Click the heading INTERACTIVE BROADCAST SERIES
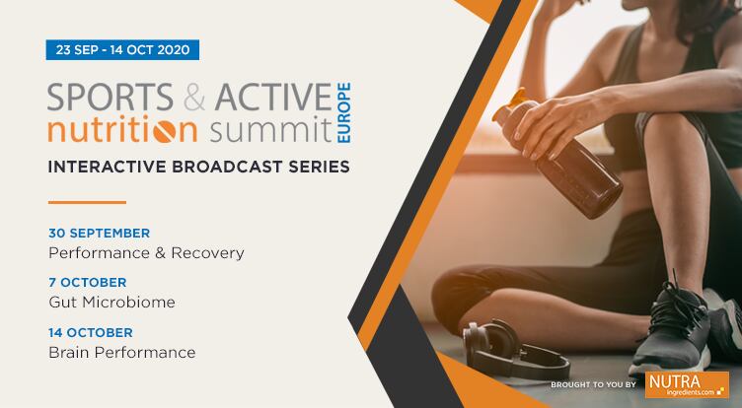point(198,167)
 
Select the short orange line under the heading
point(87,202)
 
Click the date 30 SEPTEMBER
point(99,234)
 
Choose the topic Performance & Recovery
point(146,253)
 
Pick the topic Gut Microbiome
point(111,303)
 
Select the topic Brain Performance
point(121,352)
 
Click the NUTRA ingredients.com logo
point(686,383)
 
